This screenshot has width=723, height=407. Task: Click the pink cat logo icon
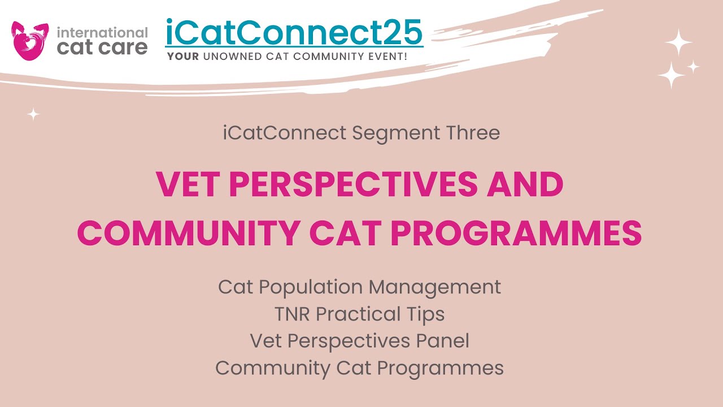tap(30, 40)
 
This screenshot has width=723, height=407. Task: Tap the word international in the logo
tap(102, 32)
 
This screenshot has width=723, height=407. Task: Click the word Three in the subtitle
tap(473, 133)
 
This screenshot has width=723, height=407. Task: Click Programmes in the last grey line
tap(441, 368)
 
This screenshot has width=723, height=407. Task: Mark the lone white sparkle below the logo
tap(34, 115)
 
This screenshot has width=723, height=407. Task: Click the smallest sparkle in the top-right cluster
tap(693, 67)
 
